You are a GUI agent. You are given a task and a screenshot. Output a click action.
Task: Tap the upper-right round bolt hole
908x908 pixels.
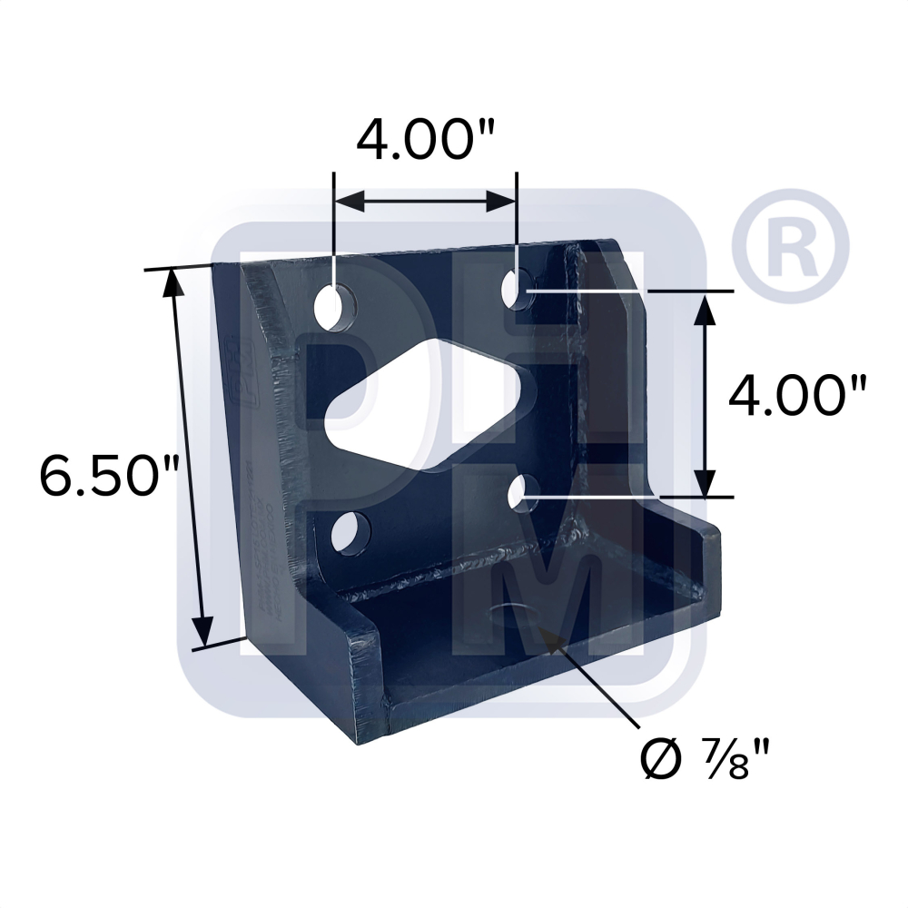pyautogui.click(x=517, y=288)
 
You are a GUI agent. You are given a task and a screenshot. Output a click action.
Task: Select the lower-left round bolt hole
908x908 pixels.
pyautogui.click(x=344, y=532)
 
